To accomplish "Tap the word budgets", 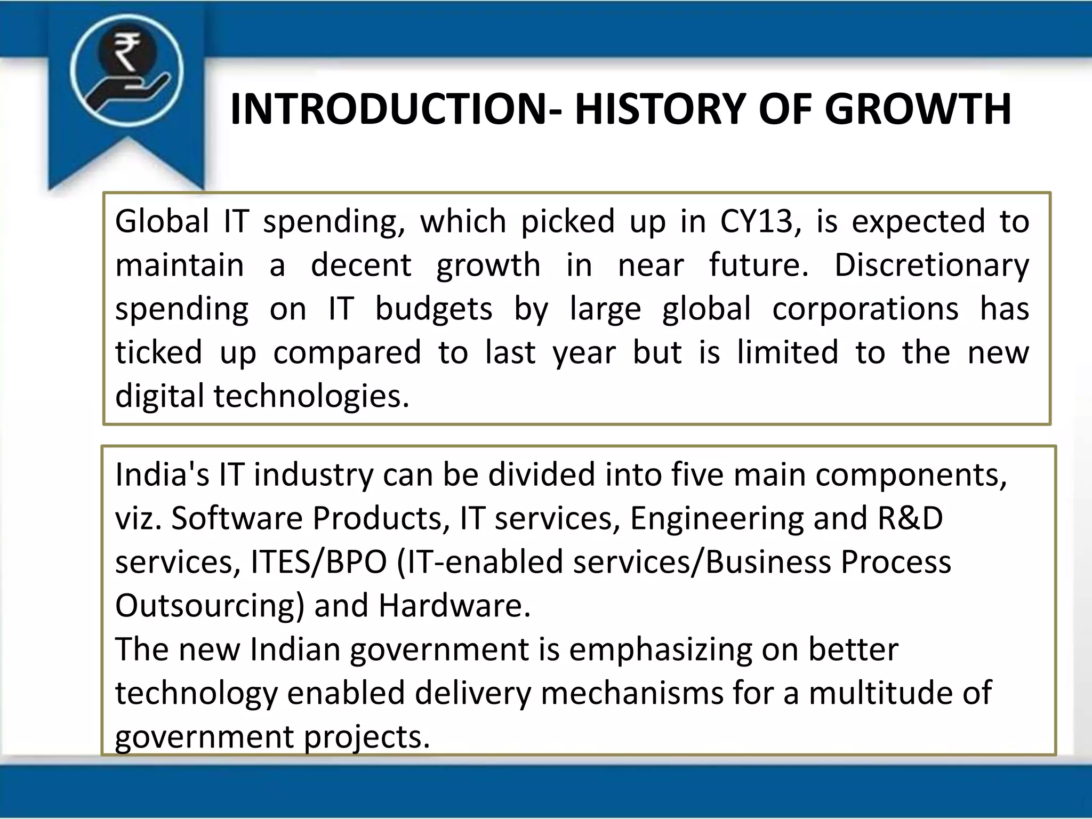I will (x=433, y=309).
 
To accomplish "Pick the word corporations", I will (x=865, y=309).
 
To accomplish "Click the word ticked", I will (x=158, y=352).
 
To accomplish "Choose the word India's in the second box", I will (x=162, y=474).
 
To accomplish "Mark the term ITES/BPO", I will (x=318, y=562).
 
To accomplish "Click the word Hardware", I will (x=454, y=606).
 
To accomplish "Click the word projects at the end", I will (x=366, y=737).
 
